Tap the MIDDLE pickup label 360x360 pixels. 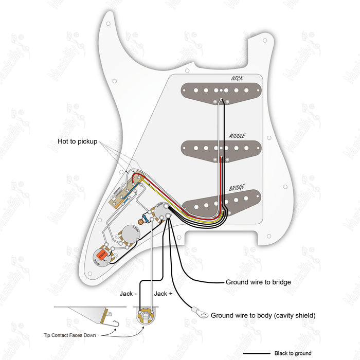(237, 136)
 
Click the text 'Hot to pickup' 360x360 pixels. (77, 141)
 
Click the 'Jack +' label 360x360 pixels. (163, 294)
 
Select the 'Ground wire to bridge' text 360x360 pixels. (258, 282)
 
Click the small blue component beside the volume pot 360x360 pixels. (148, 218)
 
